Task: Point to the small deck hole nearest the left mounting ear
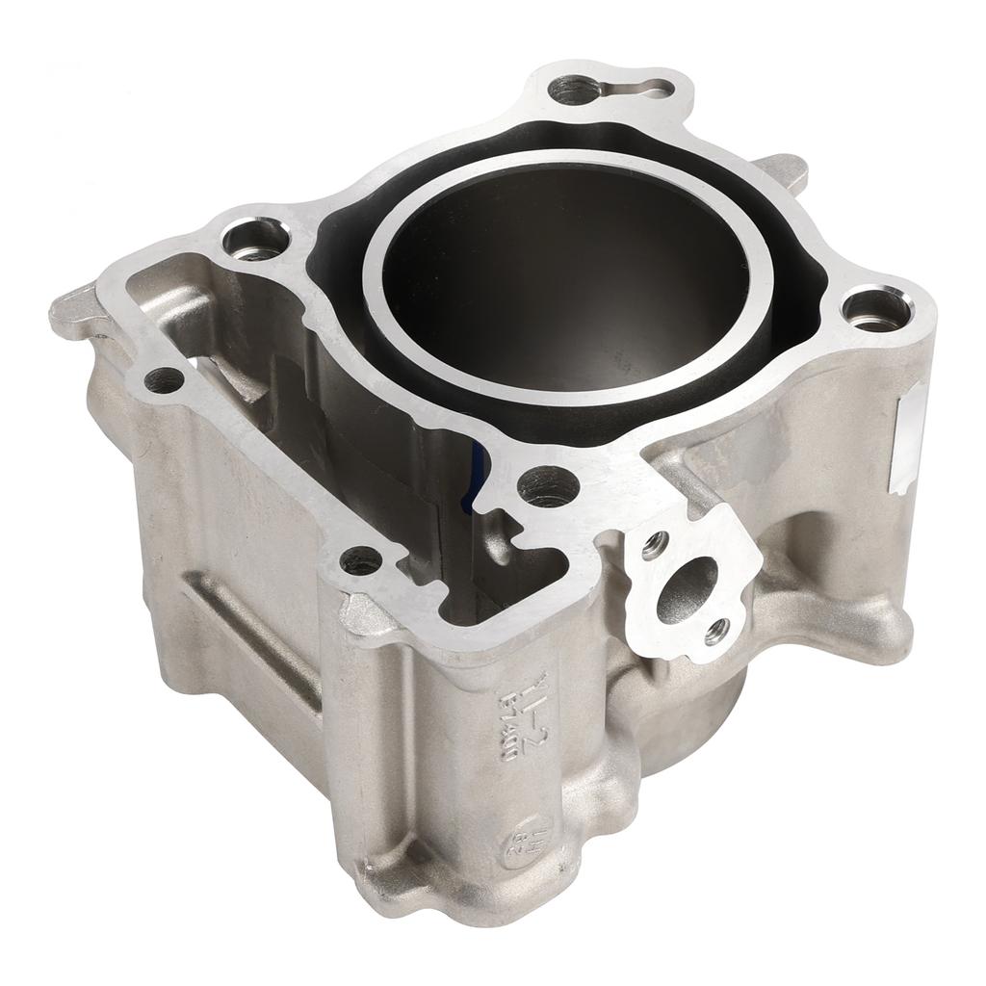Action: [165, 379]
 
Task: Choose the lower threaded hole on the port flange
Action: [714, 632]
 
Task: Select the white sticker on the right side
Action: [910, 439]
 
